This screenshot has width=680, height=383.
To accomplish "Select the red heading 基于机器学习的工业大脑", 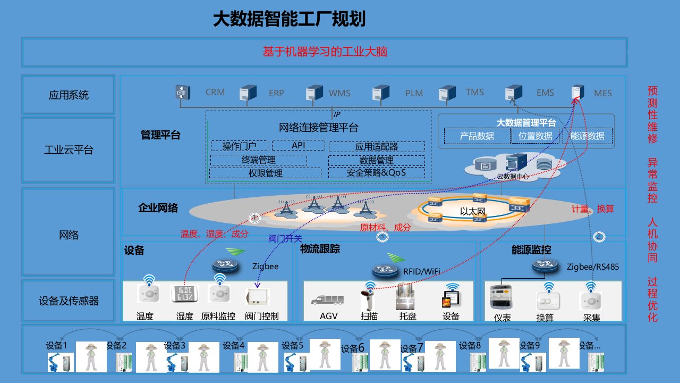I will (x=325, y=52).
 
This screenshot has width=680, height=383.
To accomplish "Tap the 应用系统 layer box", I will (x=69, y=95).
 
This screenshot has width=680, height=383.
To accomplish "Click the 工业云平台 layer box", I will (x=69, y=150).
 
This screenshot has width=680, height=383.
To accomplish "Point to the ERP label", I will (x=276, y=93).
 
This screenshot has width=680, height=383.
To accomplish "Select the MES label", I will (x=603, y=93).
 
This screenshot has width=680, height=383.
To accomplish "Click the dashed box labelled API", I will (x=298, y=145).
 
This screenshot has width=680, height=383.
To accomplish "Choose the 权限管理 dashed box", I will (x=265, y=173).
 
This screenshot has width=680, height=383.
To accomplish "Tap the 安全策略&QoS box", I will (x=376, y=173).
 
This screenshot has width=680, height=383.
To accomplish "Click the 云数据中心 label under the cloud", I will (x=512, y=176).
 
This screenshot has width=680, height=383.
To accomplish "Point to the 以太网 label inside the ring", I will (x=473, y=212).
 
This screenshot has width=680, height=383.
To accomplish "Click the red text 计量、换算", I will (x=592, y=209).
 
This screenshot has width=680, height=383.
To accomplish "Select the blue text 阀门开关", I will (x=285, y=239).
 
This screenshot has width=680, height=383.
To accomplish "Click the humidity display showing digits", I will (x=184, y=296).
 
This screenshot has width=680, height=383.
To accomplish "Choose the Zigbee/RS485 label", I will (x=592, y=267).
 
